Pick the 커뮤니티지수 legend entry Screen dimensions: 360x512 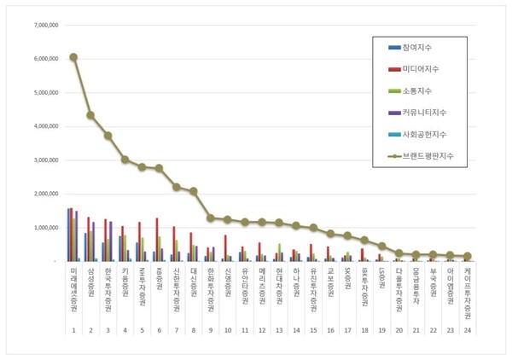pyautogui.click(x=428, y=112)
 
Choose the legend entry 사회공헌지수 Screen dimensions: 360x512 pyautogui.click(x=428, y=134)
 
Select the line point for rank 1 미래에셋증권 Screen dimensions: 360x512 pyautogui.click(x=73, y=57)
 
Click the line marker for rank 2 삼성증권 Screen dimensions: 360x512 pyautogui.click(x=90, y=115)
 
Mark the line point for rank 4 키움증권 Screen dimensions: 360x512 pyautogui.click(x=125, y=160)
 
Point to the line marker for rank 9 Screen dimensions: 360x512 pyautogui.click(x=210, y=218)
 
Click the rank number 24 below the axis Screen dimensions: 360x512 pyautogui.click(x=467, y=328)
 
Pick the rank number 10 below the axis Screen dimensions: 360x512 pyautogui.click(x=228, y=328)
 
